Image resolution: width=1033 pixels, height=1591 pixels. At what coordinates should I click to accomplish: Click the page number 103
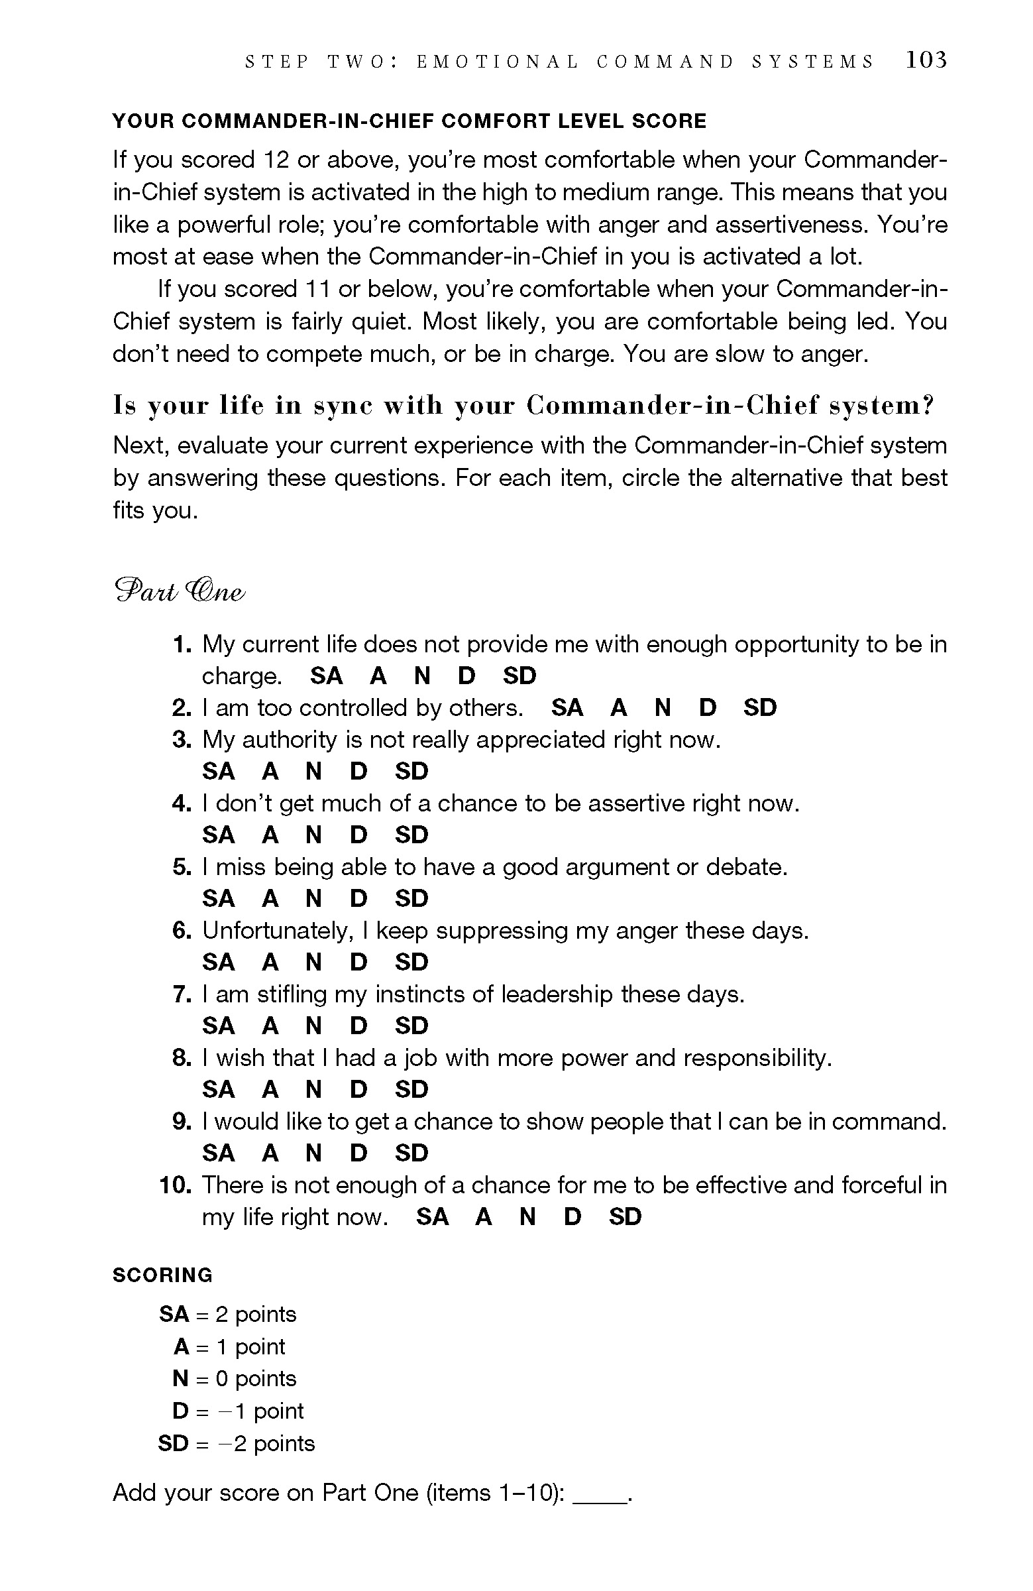tap(926, 60)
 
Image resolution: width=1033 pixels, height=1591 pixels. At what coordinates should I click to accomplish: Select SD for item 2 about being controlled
tap(760, 708)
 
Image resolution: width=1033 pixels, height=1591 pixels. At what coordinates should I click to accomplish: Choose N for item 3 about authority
tap(313, 772)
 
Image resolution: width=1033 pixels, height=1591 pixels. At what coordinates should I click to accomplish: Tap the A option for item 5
tap(270, 899)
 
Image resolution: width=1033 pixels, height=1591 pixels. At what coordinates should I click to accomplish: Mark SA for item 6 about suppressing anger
tap(219, 963)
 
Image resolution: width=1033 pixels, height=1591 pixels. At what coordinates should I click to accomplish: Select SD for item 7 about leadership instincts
tap(411, 1026)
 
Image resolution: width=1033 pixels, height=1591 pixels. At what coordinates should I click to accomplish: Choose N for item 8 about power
tap(313, 1090)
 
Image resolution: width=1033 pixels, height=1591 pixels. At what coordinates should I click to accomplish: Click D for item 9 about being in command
tap(359, 1153)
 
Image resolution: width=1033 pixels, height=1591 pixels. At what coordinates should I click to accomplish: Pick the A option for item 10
tap(484, 1216)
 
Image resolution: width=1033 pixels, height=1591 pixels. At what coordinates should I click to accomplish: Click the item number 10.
tap(176, 1185)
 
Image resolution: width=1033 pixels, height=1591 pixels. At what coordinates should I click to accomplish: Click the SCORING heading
tap(162, 1275)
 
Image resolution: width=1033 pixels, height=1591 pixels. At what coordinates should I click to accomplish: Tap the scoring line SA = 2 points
tap(227, 1315)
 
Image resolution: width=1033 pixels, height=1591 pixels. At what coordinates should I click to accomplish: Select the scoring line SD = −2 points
tap(236, 1443)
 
